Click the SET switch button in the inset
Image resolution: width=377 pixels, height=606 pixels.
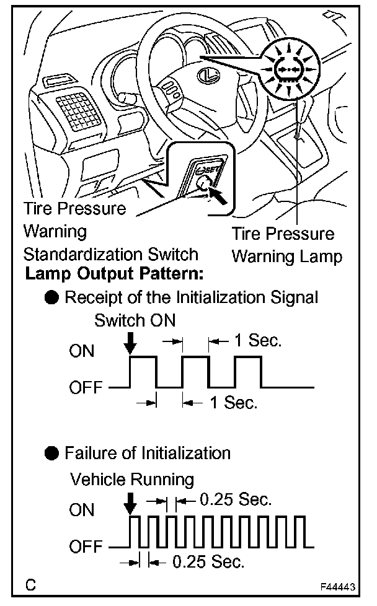coord(203,183)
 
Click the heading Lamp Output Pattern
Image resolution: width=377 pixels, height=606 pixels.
coord(115,272)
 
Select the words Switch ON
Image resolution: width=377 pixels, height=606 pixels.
coord(135,321)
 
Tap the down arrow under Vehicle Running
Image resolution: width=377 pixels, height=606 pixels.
coord(130,505)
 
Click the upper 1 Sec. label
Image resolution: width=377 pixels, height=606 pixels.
coord(257,340)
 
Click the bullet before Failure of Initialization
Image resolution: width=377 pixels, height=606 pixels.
coord(53,453)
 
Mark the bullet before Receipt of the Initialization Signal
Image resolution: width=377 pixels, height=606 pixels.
coord(53,297)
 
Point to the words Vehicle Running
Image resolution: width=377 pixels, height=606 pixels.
coord(132,479)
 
